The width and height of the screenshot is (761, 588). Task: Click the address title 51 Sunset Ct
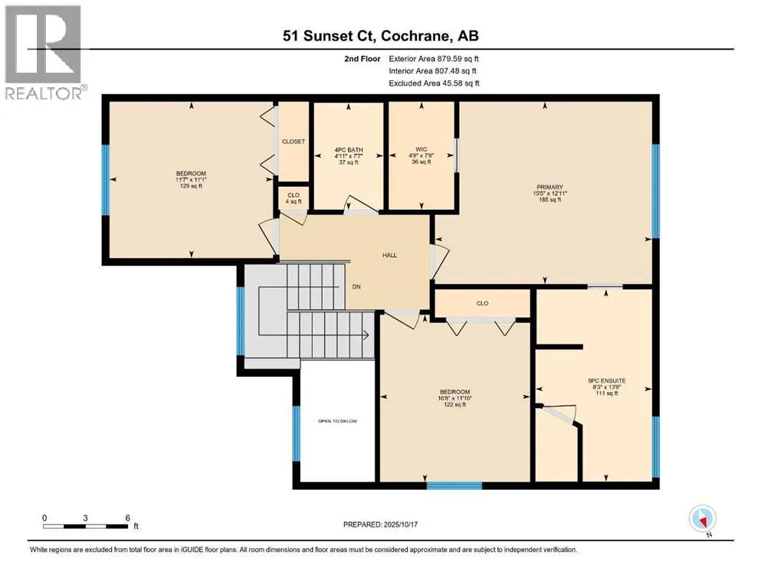coord(380,36)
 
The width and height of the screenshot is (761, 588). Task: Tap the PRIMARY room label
coord(550,187)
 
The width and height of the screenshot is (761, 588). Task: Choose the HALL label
coord(390,255)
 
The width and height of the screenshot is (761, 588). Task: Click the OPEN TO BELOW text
coord(337,421)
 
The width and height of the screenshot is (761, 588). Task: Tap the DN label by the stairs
coord(356,288)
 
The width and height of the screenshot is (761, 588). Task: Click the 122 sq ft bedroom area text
coord(454,404)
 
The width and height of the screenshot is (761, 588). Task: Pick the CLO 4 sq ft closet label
coord(294,198)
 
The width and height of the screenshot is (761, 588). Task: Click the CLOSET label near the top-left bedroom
coord(294,142)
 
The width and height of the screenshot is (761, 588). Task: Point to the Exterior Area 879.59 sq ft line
coord(434,58)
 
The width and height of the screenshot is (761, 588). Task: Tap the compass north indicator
coord(702,520)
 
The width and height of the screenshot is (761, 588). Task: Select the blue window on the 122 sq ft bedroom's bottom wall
coord(454,485)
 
